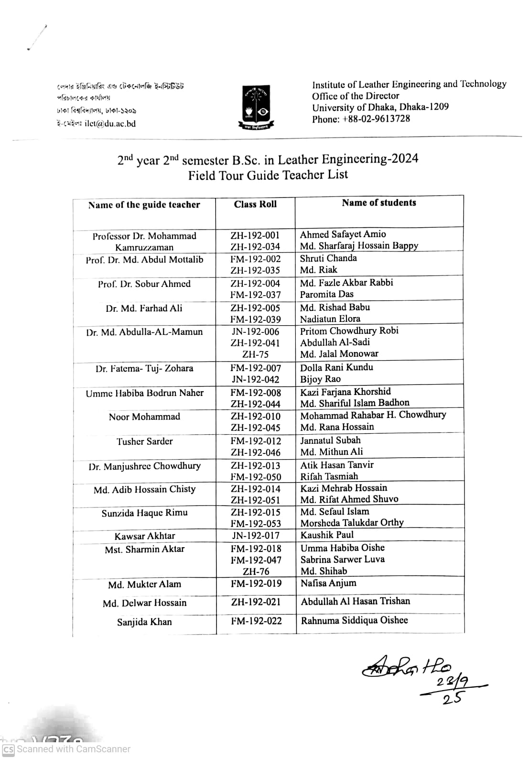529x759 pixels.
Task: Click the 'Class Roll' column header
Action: (x=255, y=204)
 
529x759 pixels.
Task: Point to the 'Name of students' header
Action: (x=379, y=203)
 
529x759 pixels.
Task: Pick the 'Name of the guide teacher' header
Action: (x=144, y=205)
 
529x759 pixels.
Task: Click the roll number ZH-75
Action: (x=255, y=354)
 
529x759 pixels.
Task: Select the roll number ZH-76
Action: (x=256, y=572)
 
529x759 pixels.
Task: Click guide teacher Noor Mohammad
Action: (x=144, y=417)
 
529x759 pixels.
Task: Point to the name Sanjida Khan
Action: (x=144, y=622)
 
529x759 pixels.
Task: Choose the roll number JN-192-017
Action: (x=256, y=536)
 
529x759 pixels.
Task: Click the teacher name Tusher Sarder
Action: (x=144, y=441)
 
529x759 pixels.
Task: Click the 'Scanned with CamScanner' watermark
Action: (x=67, y=749)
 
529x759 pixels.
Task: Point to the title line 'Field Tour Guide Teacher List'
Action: (x=268, y=175)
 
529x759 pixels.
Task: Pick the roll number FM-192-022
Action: (x=256, y=621)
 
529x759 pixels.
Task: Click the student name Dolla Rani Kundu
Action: (x=336, y=367)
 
